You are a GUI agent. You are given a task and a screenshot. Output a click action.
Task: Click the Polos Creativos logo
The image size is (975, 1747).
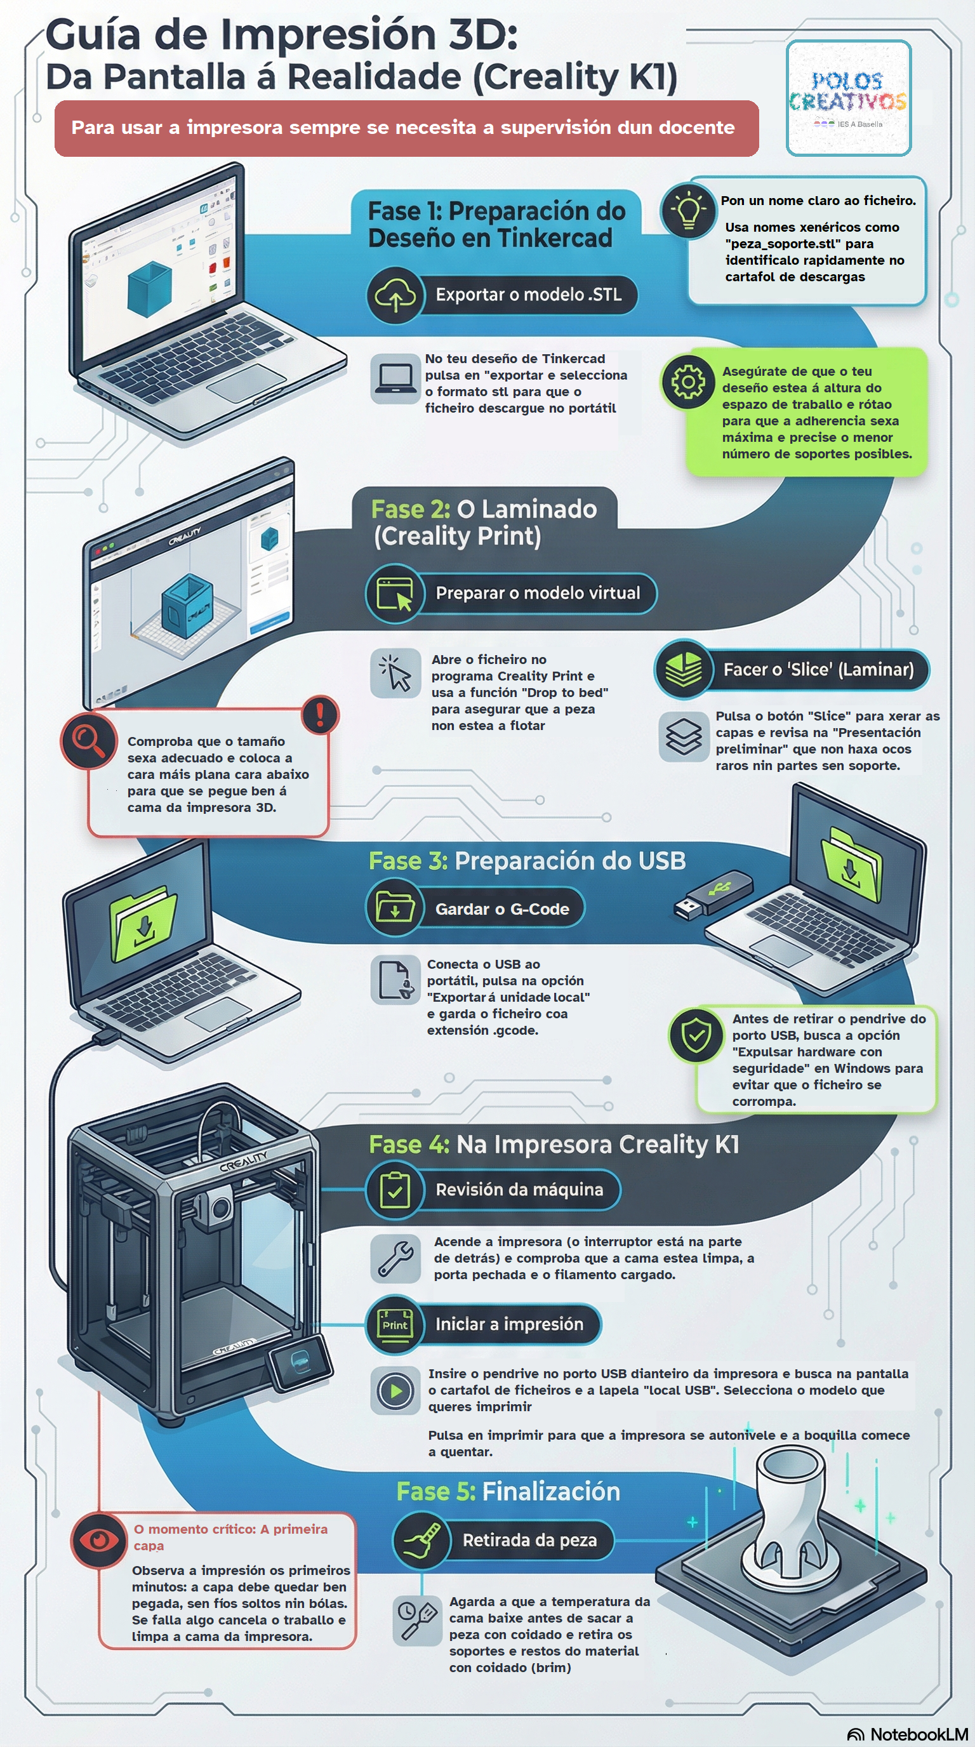(x=848, y=98)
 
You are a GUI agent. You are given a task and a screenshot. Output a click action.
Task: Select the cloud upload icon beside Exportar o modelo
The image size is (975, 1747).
(x=395, y=295)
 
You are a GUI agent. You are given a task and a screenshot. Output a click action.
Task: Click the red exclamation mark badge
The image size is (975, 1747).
(x=319, y=714)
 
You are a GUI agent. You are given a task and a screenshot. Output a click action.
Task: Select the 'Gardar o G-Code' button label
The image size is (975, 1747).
(x=501, y=909)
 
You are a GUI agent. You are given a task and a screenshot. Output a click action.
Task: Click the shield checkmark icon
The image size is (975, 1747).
(x=696, y=1035)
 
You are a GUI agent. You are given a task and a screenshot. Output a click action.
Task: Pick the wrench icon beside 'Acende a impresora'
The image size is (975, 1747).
(x=395, y=1259)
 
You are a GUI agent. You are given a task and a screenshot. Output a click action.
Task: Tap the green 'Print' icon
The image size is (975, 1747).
(x=395, y=1324)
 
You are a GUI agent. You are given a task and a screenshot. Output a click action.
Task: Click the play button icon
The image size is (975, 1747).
(x=395, y=1391)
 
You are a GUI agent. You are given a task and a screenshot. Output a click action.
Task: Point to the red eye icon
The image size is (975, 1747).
(x=99, y=1539)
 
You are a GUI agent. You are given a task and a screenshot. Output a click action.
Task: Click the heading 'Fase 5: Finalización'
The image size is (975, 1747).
(x=508, y=1491)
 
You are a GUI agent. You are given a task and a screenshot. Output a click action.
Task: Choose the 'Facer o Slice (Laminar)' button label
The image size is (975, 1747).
(x=818, y=669)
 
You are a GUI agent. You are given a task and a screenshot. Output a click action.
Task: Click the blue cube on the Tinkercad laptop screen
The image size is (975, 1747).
(x=149, y=288)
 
